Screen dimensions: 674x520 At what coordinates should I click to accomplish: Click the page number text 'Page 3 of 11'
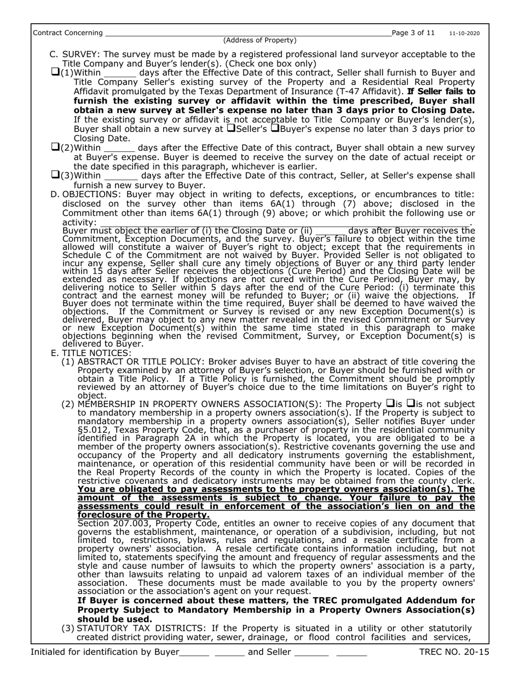[413, 33]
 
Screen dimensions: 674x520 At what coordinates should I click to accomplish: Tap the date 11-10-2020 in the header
[465, 33]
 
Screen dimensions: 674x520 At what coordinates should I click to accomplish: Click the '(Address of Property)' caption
[260, 40]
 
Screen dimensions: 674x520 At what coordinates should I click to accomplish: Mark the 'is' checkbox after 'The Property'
[390, 403]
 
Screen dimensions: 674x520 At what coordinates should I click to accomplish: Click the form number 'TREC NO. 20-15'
[454, 652]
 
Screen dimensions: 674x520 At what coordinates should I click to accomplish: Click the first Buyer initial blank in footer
[194, 653]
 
